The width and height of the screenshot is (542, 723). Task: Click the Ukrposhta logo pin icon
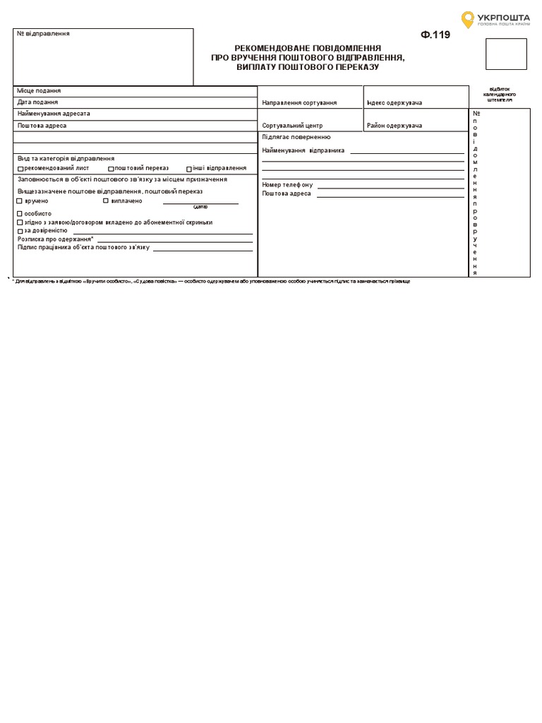(468, 19)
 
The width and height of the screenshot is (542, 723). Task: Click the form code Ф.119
(435, 35)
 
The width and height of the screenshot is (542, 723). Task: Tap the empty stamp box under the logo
(506, 54)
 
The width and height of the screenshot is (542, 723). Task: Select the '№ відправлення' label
(44, 34)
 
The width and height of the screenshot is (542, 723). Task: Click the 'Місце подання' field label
(39, 91)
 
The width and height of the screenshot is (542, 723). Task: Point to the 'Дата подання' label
(38, 102)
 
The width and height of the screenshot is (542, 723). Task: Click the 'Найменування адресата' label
(54, 114)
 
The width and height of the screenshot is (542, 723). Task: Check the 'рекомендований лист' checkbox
(20, 169)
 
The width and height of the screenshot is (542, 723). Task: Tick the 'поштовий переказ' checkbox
(111, 169)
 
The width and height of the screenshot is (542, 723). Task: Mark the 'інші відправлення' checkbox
(189, 169)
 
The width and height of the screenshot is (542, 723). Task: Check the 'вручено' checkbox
(20, 201)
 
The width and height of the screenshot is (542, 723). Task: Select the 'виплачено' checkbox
(106, 201)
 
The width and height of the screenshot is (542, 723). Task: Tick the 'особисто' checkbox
(20, 213)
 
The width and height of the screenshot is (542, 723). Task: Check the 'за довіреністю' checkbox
(20, 231)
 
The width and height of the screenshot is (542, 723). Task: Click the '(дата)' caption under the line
(200, 207)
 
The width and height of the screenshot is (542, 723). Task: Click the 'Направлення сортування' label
(299, 103)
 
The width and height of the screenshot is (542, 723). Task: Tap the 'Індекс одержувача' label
(395, 103)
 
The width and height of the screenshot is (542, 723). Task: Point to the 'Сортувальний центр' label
(292, 126)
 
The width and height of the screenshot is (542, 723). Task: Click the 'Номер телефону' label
(287, 185)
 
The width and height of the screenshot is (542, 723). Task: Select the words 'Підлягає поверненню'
(296, 137)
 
